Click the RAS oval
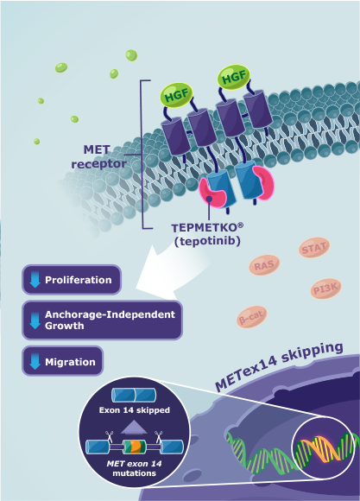coord(264,265)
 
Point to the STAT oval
coord(314,250)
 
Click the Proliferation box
coord(72,281)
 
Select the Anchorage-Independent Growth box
coord(102,320)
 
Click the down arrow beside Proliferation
coord(35,281)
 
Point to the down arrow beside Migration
coord(35,360)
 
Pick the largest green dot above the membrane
coord(131,54)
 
